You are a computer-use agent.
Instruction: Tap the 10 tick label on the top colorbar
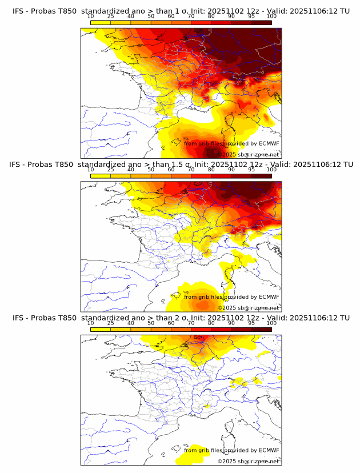(91, 17)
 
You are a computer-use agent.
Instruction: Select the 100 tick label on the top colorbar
(271, 17)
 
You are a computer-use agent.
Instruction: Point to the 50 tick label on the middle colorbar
(151, 170)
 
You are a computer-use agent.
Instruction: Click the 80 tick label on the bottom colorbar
(211, 323)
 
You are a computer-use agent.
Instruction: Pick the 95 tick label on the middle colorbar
(251, 170)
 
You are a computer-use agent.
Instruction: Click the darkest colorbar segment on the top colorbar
(262, 22)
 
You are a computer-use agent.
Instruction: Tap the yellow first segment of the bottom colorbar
(101, 329)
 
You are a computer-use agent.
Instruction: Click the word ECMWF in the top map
(269, 143)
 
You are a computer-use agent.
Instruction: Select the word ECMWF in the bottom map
(269, 450)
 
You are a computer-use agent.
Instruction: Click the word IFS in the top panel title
(18, 11)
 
